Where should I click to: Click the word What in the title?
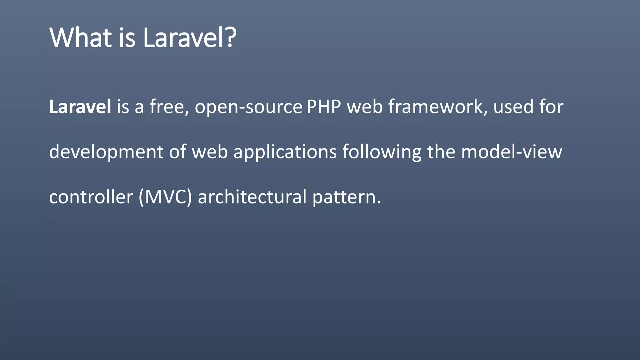tap(80, 38)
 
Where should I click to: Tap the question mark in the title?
tap(230, 38)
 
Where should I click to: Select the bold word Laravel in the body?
tap(80, 107)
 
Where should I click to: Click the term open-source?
tap(248, 107)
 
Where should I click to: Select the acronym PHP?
tap(324, 107)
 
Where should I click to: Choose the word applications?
tap(285, 152)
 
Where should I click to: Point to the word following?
tap(382, 152)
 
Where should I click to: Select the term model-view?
tap(512, 152)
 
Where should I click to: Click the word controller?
tap(91, 197)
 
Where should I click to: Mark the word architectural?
tap(252, 197)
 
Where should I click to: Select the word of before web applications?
tap(178, 152)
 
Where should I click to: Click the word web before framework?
tap(365, 107)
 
